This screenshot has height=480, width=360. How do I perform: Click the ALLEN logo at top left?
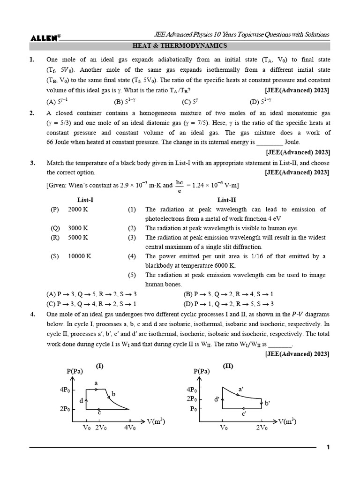tap(45, 38)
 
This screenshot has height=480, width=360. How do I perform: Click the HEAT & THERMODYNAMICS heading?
tap(180, 46)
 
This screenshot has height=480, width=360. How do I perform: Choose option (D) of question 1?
tap(262, 102)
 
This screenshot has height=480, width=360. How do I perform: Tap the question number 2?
tap(32, 113)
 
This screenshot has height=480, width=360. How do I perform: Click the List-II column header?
tap(227, 200)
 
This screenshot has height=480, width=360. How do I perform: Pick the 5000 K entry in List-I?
tap(78, 238)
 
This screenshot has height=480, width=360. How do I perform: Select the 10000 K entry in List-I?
tap(80, 256)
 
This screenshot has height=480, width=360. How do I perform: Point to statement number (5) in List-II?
tap(132, 275)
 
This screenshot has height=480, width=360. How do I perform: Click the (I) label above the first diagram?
tap(99, 366)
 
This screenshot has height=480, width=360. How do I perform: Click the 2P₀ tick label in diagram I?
tap(66, 409)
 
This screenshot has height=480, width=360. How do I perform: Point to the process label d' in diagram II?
tap(217, 399)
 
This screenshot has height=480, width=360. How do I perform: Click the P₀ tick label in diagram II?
tap(192, 409)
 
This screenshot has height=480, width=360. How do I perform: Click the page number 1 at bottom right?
tap(328, 447)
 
